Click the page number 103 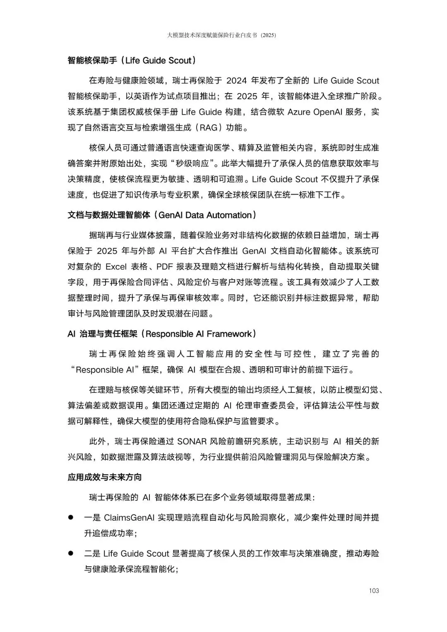(374, 591)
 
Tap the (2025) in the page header (269, 36)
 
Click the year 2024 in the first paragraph (236, 81)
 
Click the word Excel (116, 267)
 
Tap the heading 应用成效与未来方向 (105, 477)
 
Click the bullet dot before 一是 (71, 517)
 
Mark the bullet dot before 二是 (71, 553)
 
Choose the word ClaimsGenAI (130, 518)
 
